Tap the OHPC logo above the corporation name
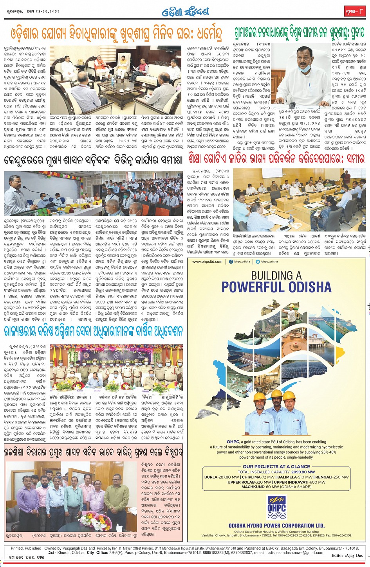click(277, 508)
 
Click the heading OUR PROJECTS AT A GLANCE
click(276, 467)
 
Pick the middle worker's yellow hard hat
click(276, 394)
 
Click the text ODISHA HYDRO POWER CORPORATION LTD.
click(276, 526)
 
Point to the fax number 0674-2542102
click(341, 535)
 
